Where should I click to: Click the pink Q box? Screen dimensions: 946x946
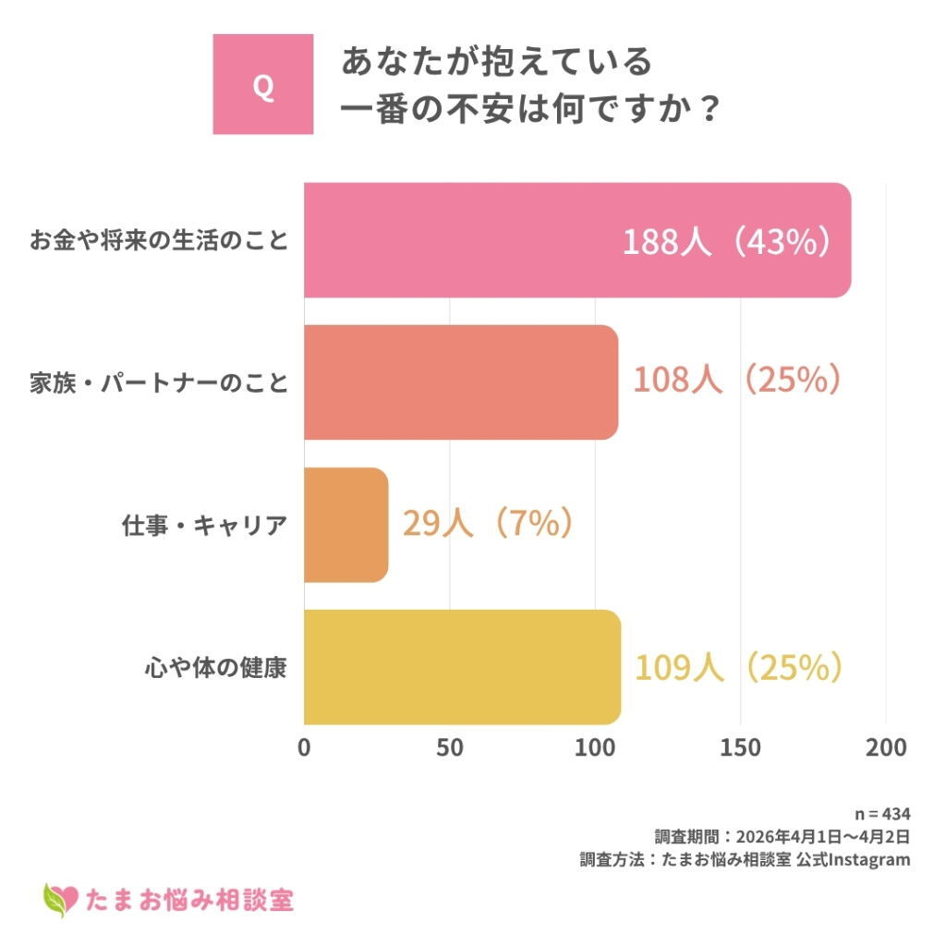click(x=262, y=84)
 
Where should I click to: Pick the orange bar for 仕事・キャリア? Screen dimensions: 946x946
click(x=346, y=525)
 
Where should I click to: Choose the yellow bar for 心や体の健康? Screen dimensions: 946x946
click(x=462, y=667)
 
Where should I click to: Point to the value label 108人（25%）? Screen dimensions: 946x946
click(x=737, y=381)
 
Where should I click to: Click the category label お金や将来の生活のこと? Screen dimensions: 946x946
click(x=158, y=241)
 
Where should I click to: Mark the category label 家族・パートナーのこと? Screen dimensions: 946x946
click(x=158, y=382)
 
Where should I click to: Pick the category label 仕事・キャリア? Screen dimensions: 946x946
click(x=204, y=525)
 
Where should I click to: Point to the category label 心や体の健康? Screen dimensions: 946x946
click(x=215, y=667)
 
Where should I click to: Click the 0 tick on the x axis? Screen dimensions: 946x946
click(x=304, y=747)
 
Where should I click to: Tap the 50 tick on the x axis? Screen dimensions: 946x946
click(x=450, y=747)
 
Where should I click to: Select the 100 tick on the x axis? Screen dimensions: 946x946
click(x=595, y=747)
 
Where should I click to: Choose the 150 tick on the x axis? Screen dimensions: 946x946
click(x=741, y=747)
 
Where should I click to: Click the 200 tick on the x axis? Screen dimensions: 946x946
click(x=886, y=747)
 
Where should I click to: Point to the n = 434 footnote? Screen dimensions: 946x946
click(x=882, y=814)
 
